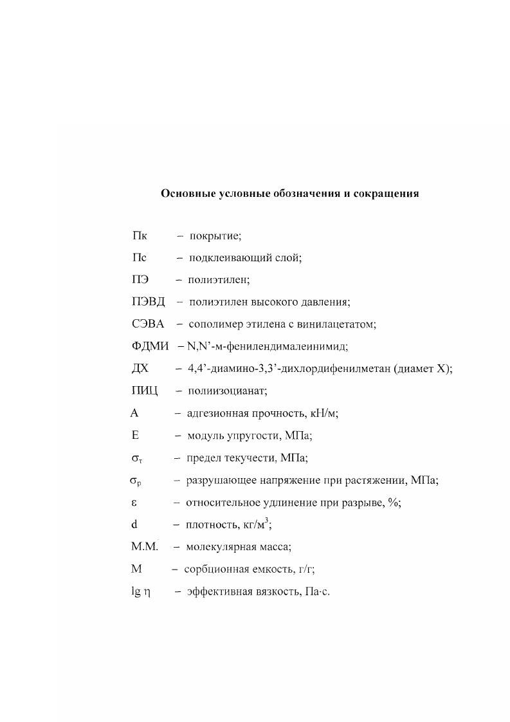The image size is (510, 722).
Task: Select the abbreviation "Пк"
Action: pos(140,236)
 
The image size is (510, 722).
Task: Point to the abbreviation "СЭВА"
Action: pos(147,324)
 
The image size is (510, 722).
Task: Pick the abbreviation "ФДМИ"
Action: pos(150,346)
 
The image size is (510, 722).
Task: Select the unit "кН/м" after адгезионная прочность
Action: pos(323,414)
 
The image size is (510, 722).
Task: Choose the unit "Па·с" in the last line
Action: pos(314,592)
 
